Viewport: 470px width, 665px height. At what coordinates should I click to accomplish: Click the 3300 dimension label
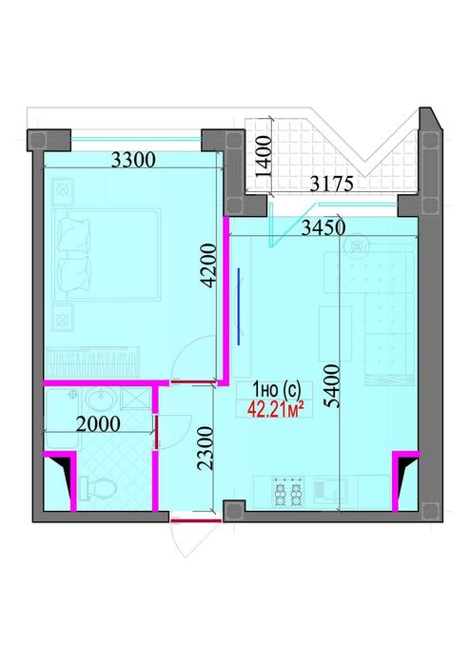(x=133, y=161)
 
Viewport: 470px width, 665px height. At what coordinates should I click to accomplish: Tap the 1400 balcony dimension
(x=264, y=156)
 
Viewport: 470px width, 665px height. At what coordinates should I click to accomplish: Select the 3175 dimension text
(x=332, y=184)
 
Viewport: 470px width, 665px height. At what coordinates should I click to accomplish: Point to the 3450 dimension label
(x=323, y=228)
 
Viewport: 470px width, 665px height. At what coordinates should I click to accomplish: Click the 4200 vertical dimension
(x=208, y=265)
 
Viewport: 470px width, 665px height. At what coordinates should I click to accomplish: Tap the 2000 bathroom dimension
(x=98, y=423)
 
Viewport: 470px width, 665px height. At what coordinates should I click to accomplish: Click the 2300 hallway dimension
(x=205, y=448)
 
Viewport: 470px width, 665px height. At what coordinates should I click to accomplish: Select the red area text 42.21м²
(x=276, y=410)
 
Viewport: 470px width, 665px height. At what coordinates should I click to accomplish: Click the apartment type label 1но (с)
(x=277, y=389)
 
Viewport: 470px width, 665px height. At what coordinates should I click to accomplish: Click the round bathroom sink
(x=102, y=399)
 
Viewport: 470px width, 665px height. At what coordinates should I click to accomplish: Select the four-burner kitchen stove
(x=288, y=491)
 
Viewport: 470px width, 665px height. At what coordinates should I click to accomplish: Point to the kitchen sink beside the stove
(x=330, y=491)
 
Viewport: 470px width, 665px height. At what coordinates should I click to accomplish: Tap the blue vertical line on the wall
(x=239, y=306)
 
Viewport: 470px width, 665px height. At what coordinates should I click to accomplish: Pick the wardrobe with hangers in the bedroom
(x=92, y=362)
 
